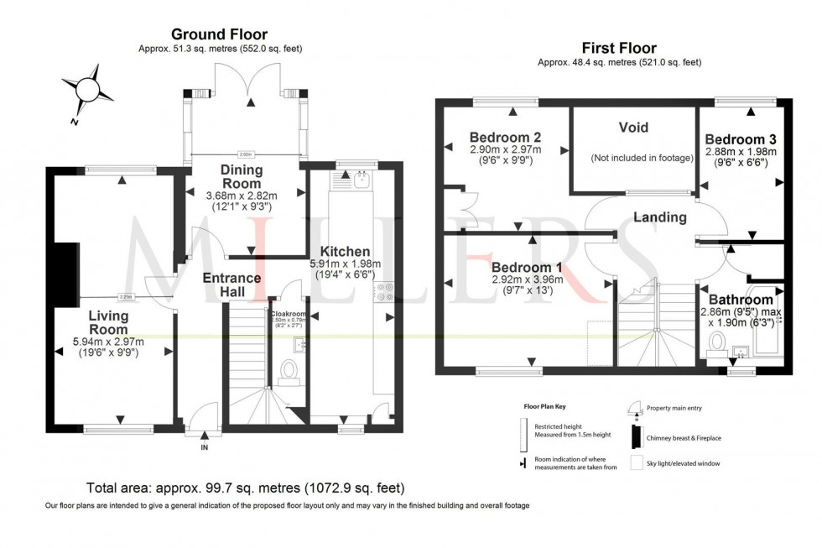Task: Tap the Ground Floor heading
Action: (220, 34)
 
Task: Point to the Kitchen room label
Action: (345, 251)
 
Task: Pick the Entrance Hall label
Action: (232, 284)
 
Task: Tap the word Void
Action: (633, 128)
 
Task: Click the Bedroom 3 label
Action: (740, 138)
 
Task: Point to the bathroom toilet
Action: (718, 342)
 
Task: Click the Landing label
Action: (660, 217)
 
